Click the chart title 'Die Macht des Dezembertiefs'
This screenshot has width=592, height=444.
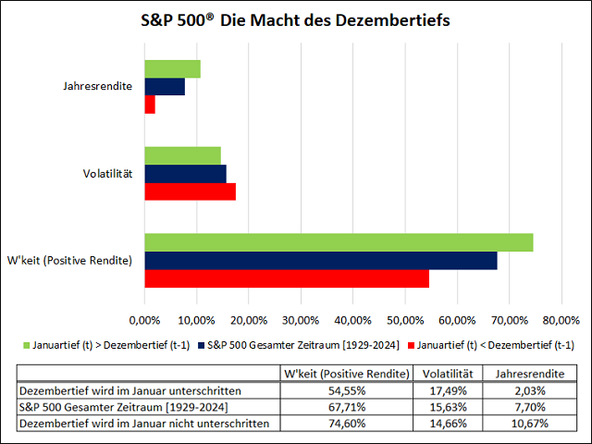296,20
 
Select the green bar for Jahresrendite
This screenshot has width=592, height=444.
172,68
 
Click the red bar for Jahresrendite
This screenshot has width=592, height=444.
150,105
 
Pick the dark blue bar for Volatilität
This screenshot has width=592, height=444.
185,174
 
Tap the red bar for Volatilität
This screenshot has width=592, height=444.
190,191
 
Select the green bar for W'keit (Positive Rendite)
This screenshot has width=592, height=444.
338,242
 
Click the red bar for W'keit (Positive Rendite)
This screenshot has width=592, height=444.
286,278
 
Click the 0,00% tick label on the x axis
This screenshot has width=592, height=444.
144,320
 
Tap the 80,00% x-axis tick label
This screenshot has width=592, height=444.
561,320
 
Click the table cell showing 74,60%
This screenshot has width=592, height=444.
346,423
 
